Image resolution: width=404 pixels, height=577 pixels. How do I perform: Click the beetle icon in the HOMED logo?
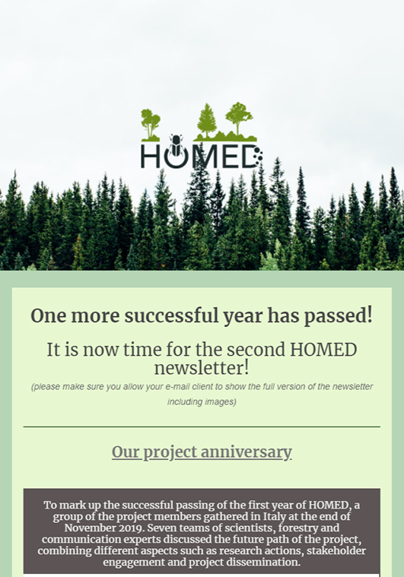click(176, 145)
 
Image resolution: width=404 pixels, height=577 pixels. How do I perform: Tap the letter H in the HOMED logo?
click(150, 156)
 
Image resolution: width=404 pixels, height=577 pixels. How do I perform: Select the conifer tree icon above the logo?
click(207, 120)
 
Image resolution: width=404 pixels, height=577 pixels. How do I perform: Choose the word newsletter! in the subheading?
click(202, 368)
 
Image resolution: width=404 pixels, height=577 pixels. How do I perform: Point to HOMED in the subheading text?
click(323, 350)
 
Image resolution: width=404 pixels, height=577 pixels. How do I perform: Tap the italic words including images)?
click(202, 402)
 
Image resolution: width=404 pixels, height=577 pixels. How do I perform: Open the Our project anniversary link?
click(202, 452)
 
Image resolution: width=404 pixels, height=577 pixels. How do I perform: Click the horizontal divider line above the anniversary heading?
click(202, 427)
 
